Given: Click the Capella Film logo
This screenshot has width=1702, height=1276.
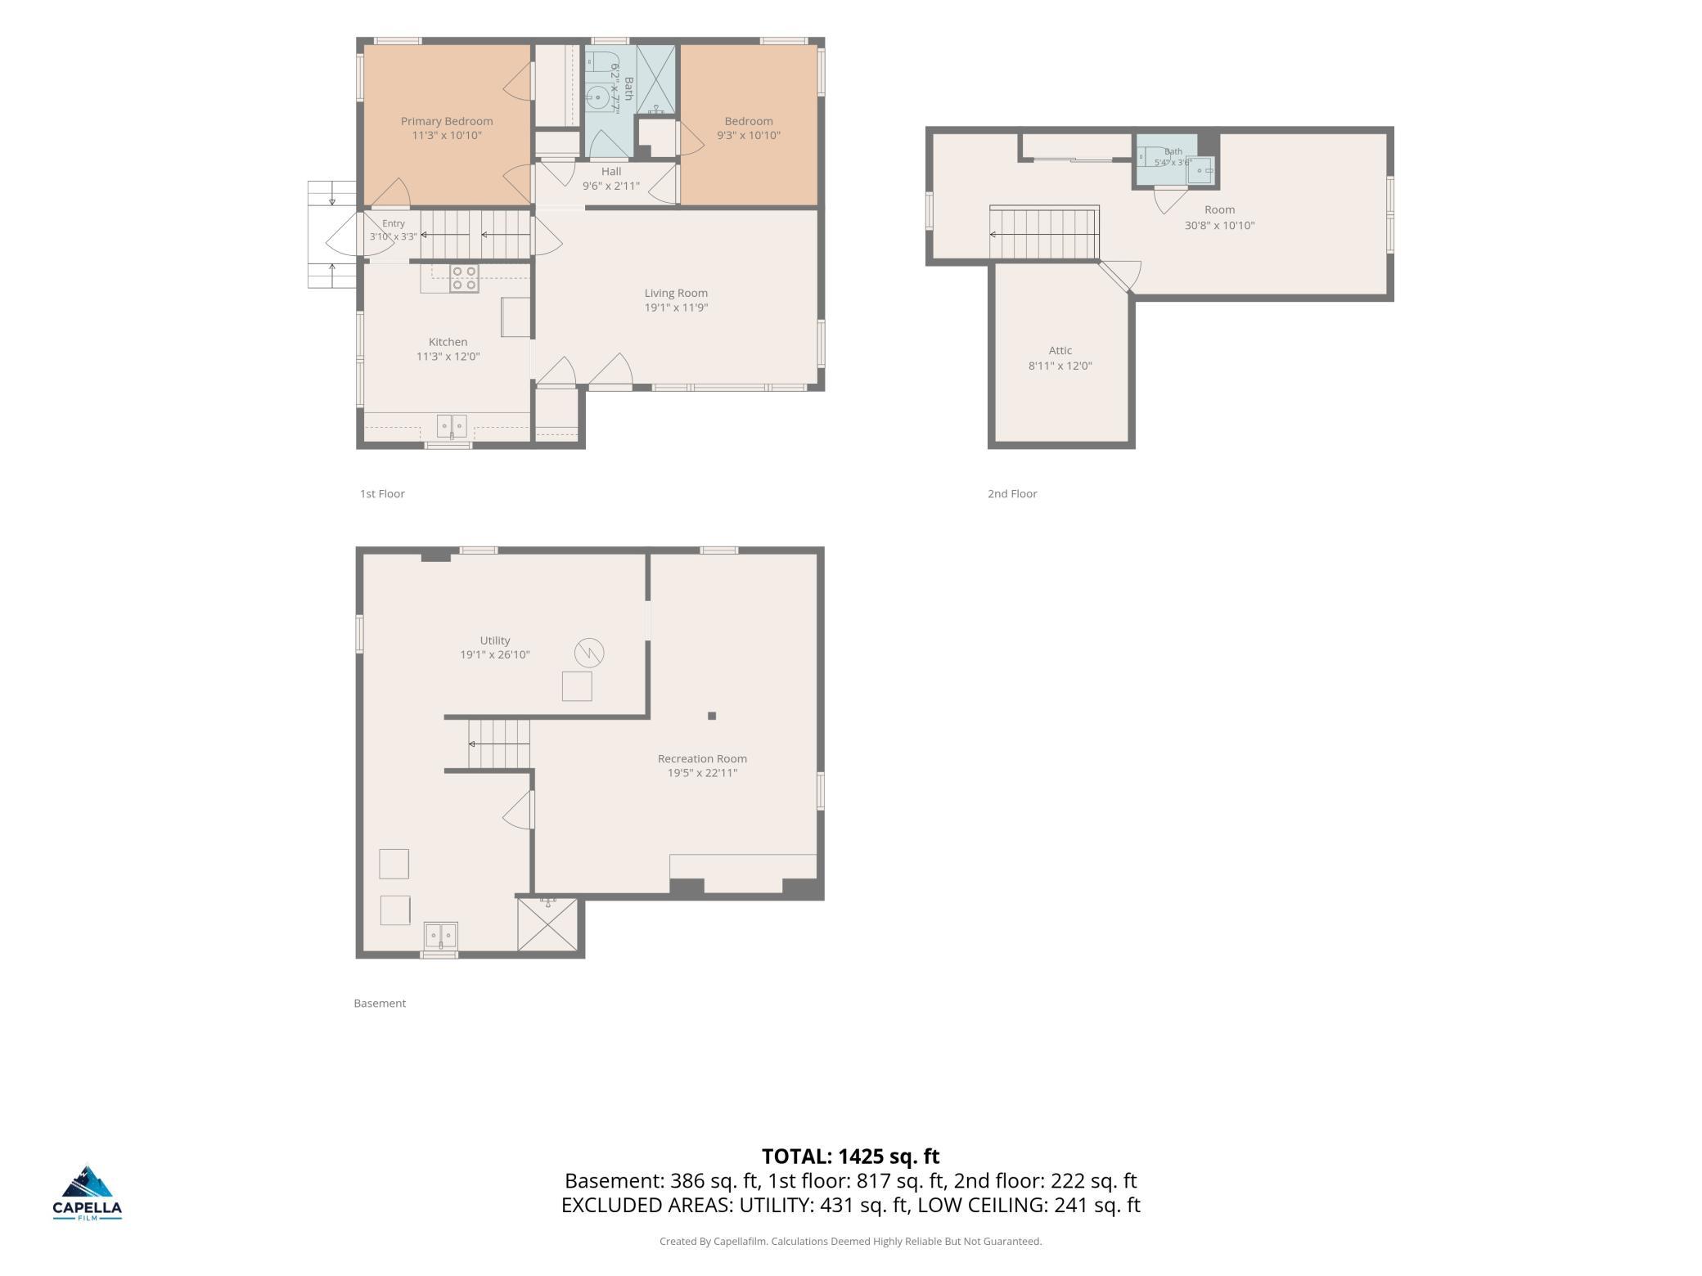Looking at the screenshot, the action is click(x=88, y=1193).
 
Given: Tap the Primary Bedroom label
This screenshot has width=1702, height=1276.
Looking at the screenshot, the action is click(x=447, y=121).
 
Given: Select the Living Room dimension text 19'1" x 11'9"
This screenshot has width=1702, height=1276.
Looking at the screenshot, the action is click(x=676, y=308).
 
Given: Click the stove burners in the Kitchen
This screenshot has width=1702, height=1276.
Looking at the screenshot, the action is click(x=464, y=279).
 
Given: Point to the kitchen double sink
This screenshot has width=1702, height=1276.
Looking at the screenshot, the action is click(x=452, y=426).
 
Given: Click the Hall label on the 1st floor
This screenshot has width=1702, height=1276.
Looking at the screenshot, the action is click(x=611, y=172).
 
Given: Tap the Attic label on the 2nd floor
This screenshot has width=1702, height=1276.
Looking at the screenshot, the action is click(x=1060, y=350).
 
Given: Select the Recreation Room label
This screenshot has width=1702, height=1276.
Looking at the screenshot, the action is click(x=702, y=758).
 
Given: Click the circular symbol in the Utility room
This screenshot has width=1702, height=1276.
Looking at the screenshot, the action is click(x=589, y=653).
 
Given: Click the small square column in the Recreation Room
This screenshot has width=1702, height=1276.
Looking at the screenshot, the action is click(x=712, y=716).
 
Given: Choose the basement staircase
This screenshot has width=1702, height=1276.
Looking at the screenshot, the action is click(x=499, y=744).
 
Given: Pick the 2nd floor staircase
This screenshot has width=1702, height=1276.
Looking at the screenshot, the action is click(x=1044, y=233).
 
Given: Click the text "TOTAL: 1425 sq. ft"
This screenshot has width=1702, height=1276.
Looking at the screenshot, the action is click(x=851, y=1156).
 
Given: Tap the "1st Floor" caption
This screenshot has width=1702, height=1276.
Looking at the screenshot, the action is click(x=382, y=493).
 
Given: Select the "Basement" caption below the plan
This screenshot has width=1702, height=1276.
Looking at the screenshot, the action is click(x=380, y=1003).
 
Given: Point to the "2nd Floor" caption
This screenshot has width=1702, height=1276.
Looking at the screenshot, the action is click(x=1012, y=493).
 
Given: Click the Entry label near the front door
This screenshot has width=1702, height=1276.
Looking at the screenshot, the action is click(x=394, y=223).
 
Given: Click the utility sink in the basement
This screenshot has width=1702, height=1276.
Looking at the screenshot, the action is click(x=440, y=935).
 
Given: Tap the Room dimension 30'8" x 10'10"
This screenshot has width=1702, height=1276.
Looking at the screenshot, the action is click(x=1219, y=225).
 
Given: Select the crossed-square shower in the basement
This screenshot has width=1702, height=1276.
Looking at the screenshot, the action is click(x=547, y=924).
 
